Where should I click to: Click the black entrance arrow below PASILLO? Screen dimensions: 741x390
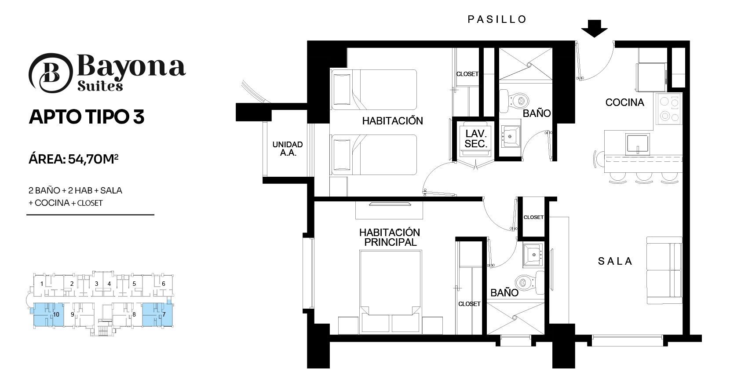594,29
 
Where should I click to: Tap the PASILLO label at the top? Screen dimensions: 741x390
497,19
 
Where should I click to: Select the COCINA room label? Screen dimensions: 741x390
624,102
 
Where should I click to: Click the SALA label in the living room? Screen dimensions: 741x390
615,261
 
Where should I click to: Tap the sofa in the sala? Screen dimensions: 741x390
664,270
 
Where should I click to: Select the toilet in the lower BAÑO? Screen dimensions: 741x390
530,282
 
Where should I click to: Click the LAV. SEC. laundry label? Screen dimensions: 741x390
476,139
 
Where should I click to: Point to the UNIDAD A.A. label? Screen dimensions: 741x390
288,149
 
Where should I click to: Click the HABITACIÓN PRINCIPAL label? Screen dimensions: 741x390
390,237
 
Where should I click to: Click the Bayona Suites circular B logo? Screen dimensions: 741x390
51,73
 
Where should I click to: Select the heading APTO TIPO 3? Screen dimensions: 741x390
87,117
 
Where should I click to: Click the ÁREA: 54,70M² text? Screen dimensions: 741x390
73,160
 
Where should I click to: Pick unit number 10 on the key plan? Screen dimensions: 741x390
56,314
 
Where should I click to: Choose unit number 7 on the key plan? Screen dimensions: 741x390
164,314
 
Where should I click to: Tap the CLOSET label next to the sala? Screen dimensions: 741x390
533,217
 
